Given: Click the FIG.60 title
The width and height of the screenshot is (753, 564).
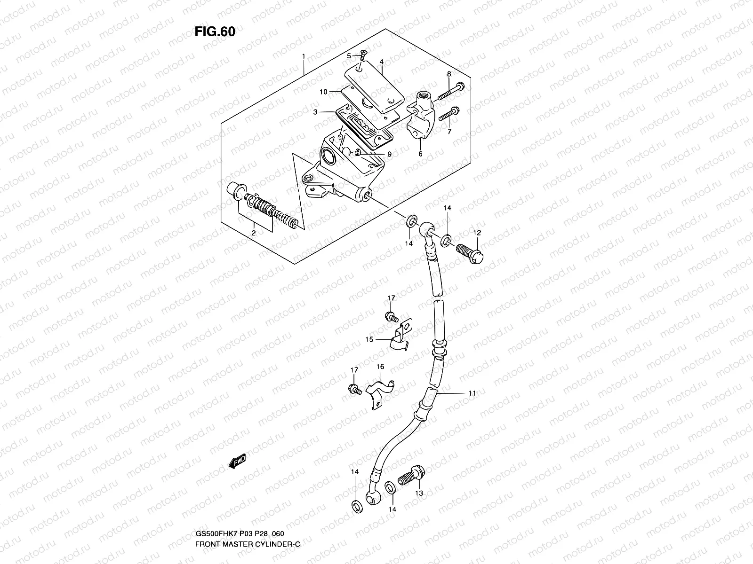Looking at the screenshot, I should pos(215,31).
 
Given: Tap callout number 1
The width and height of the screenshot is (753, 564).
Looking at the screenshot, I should pos(304,56).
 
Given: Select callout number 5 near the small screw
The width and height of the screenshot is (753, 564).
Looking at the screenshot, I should pos(349,56).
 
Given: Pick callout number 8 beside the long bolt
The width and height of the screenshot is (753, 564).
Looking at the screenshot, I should pos(449,74).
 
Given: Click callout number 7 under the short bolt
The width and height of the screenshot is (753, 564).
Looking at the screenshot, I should pos(449,132).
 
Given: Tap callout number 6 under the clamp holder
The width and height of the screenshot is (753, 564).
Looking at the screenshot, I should pos(420,154).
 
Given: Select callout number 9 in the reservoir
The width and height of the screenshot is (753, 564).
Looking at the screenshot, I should pos(389,154).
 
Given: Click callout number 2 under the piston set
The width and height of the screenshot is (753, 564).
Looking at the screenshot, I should pos(253,233).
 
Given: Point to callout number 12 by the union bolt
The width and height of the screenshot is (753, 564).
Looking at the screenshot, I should pos(477,232).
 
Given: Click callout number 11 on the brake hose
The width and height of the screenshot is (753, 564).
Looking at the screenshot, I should pos(472,393).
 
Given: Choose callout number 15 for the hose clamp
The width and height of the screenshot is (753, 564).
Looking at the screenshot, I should pos(369,339).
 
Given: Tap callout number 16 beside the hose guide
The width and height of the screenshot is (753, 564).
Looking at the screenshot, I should pos(380,367).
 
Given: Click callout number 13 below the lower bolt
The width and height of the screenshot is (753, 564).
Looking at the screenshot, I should pos(419,493).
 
